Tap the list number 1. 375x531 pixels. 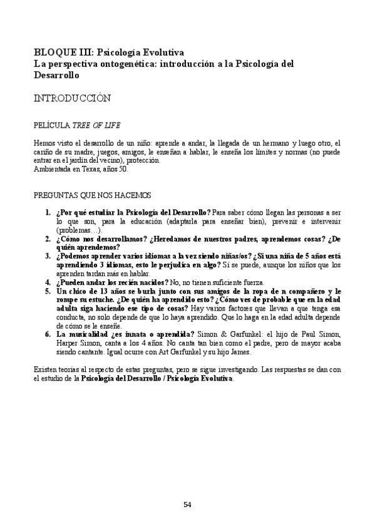coord(48,213)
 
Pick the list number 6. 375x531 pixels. coord(48,334)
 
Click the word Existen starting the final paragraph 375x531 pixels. coord(46,370)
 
